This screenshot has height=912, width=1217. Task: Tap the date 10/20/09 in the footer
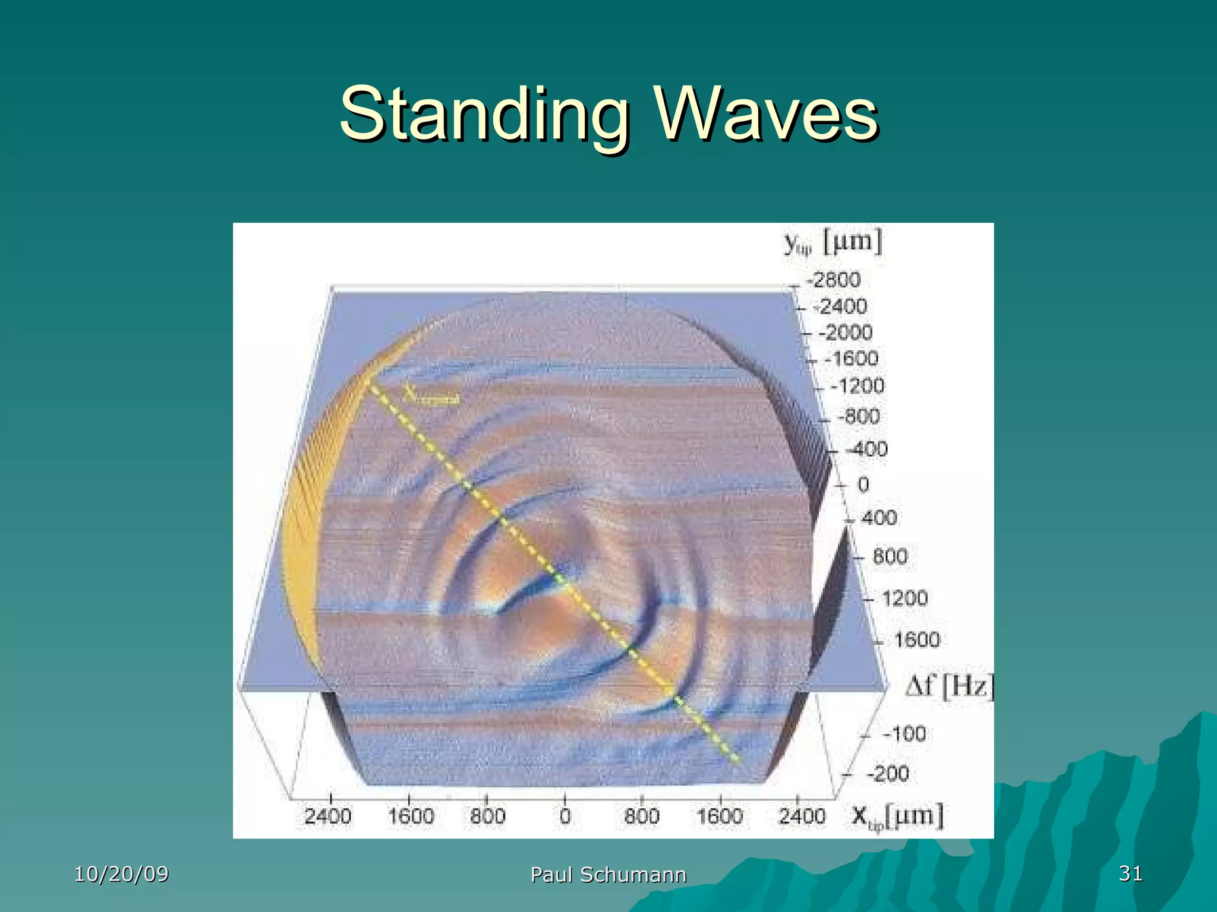click(x=121, y=874)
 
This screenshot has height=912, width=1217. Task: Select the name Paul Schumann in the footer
click(x=608, y=875)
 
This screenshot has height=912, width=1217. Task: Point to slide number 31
click(x=1130, y=873)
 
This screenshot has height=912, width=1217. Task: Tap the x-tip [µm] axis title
click(x=897, y=816)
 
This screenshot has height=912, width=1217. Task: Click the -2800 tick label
click(x=833, y=279)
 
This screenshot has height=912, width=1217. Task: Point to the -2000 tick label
click(x=845, y=332)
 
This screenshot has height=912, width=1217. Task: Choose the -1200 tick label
click(x=857, y=386)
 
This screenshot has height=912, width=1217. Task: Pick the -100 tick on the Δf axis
click(x=904, y=734)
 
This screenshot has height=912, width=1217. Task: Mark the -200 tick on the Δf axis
click(x=887, y=774)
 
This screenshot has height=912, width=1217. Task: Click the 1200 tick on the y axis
click(x=904, y=597)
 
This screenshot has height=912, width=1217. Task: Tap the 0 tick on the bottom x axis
click(x=565, y=816)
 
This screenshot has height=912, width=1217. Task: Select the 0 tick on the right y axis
click(x=863, y=484)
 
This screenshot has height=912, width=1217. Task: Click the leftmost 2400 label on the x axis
click(x=328, y=816)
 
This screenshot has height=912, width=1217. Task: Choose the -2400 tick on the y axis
click(x=839, y=306)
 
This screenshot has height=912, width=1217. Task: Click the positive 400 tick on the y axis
click(x=879, y=518)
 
